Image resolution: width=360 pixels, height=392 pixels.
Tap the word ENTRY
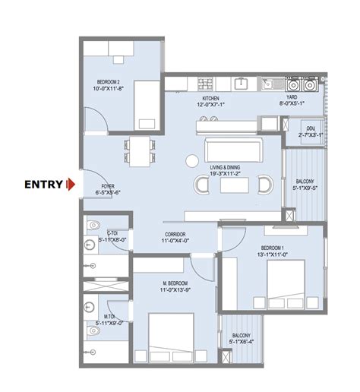pyautogui.click(x=44, y=184)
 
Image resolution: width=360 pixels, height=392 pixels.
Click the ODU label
pyautogui.click(x=310, y=130)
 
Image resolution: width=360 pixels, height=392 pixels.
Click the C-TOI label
pyautogui.click(x=112, y=233)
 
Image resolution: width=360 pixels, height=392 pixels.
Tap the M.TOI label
pyautogui.click(x=110, y=314)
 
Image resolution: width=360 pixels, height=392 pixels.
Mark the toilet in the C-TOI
pyautogui.click(x=92, y=225)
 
